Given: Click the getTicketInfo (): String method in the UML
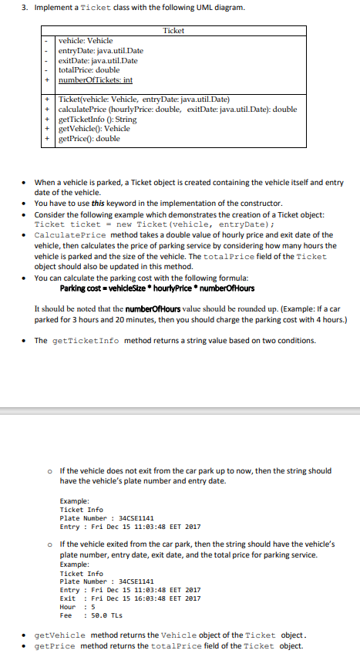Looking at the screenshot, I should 97,120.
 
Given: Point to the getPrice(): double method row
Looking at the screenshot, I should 89,139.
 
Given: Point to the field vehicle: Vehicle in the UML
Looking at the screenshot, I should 86,40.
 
